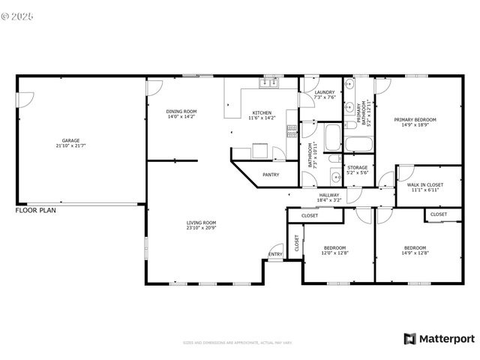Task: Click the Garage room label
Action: point(70,140)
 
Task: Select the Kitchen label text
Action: point(262,112)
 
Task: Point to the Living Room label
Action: point(201,222)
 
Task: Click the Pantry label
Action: point(271,175)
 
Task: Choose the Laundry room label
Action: point(324,92)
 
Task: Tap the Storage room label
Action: point(357,167)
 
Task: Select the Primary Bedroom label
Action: point(415,119)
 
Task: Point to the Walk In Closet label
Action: point(424,184)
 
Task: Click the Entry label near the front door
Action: point(276,254)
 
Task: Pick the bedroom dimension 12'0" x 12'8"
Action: point(334,253)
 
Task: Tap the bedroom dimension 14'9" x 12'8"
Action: point(415,253)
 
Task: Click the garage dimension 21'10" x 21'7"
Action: point(70,145)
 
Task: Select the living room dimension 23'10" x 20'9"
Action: point(201,227)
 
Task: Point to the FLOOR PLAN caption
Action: point(35,211)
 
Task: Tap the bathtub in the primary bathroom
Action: point(361,143)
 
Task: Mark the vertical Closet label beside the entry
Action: point(296,242)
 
